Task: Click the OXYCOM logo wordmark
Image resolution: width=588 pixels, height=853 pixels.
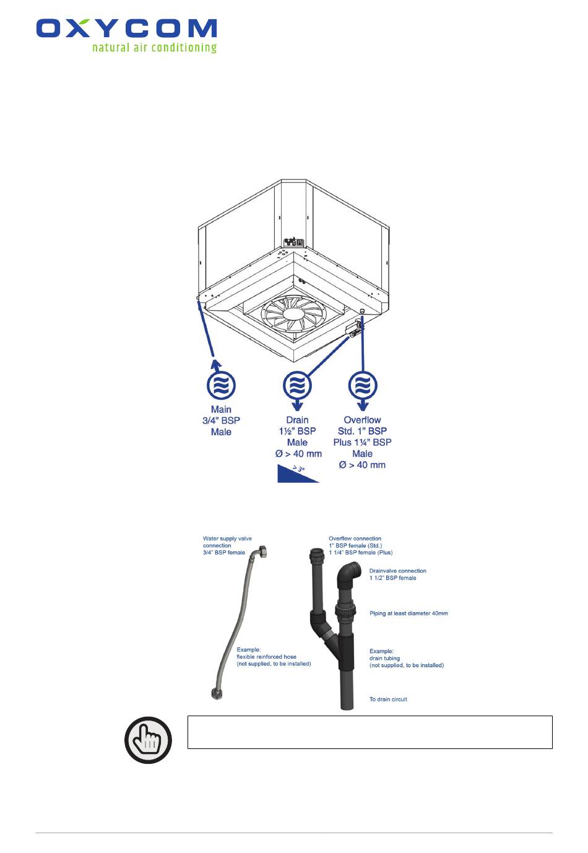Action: [x=126, y=29]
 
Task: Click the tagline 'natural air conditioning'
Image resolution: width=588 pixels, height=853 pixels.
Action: [x=154, y=47]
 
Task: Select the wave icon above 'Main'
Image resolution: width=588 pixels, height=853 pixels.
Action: [x=221, y=385]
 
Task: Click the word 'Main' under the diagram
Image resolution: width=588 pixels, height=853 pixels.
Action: [x=221, y=409]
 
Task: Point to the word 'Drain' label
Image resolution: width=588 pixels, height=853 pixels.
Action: [x=297, y=420]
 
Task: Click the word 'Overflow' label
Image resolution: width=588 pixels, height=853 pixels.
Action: [x=363, y=420]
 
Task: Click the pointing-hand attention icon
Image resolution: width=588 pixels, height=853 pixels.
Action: [x=149, y=740]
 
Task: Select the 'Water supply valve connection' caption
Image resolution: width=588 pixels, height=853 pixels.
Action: [x=227, y=545]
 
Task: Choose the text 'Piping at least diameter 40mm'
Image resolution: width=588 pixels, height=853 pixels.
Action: [x=409, y=613]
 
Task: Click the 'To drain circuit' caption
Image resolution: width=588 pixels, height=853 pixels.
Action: [x=388, y=699]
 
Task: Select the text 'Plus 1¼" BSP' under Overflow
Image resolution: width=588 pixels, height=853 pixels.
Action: [x=363, y=443]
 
